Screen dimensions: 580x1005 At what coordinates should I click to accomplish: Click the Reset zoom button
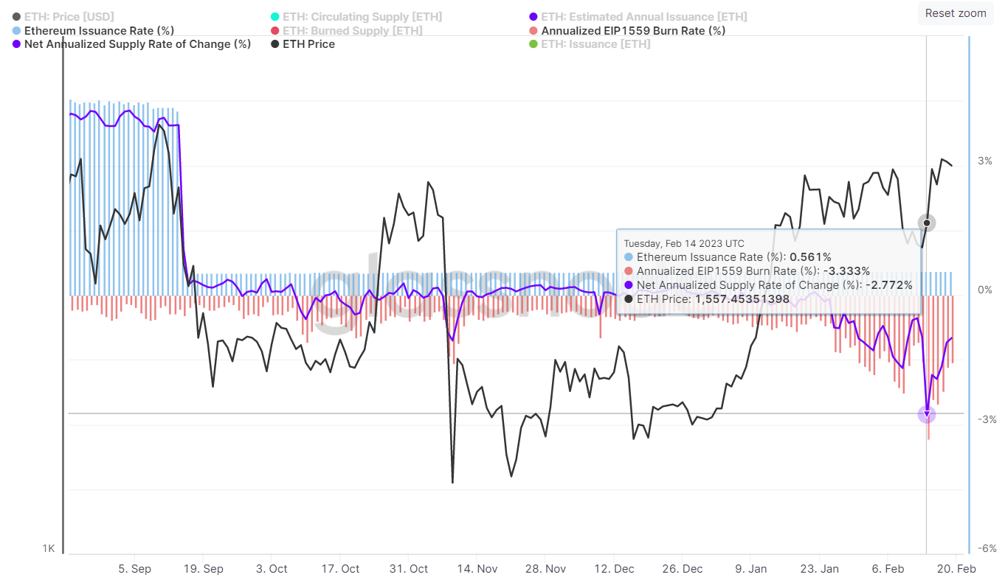tap(955, 13)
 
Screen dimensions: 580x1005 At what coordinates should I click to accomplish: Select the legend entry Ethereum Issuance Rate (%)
tap(99, 31)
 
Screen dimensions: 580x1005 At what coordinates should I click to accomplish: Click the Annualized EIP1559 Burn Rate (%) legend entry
tap(633, 31)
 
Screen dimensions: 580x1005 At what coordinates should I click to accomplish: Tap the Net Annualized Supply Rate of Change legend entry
tap(137, 44)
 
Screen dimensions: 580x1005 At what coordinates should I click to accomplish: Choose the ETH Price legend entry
tap(308, 44)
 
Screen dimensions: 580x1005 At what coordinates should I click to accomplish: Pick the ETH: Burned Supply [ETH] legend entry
tap(353, 31)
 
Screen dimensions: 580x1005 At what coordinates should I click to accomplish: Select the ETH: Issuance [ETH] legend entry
tap(595, 44)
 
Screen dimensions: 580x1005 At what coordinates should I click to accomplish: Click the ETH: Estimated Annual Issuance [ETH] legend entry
tap(643, 16)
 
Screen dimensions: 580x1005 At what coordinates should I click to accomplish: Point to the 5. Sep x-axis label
tap(134, 569)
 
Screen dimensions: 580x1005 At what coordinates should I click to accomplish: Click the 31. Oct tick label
tap(408, 569)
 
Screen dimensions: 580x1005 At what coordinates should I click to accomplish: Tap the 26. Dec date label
tap(683, 569)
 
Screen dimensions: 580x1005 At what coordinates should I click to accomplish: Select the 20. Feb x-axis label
tap(956, 569)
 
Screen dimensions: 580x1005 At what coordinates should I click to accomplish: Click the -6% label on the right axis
tap(987, 548)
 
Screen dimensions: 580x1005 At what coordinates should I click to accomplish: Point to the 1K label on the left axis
tap(49, 548)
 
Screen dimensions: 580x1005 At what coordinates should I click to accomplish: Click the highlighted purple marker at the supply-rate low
tap(927, 414)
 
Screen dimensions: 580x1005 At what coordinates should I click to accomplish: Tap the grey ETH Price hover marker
tap(927, 223)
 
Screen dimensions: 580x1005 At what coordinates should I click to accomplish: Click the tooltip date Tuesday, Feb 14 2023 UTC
tap(684, 243)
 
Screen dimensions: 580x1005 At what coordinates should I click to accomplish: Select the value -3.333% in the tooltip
tap(847, 271)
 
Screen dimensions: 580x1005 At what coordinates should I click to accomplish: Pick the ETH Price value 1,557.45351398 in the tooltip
tap(742, 299)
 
